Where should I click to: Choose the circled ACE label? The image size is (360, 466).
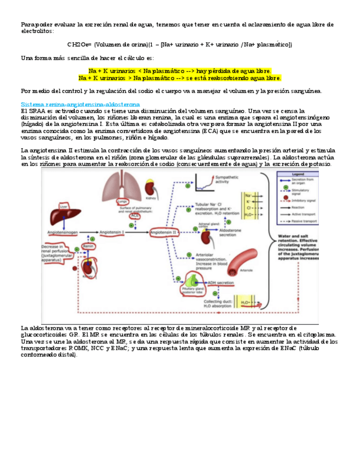click(x=135, y=216)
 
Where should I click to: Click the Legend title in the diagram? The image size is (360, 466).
click(x=298, y=174)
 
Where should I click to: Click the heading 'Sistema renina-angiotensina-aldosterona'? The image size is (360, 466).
click(x=80, y=104)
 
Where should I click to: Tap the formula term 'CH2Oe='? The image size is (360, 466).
click(x=79, y=45)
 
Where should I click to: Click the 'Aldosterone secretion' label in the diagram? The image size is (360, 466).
click(x=230, y=232)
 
